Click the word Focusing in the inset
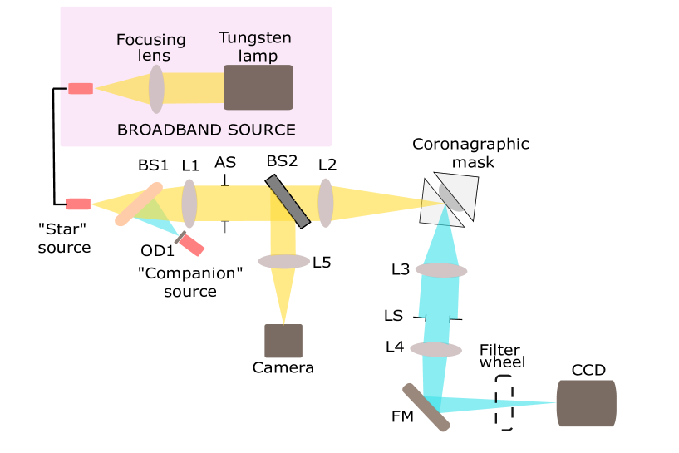150,40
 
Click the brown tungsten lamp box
258,87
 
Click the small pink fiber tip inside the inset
81,88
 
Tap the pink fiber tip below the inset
78,204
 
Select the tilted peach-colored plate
138,204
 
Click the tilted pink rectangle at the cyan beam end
191,244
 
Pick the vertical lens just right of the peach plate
189,203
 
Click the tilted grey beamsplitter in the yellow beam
288,201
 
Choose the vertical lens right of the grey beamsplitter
326,202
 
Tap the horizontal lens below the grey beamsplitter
283,261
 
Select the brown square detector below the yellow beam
283,341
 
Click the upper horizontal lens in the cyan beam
441,270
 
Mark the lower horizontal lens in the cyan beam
435,349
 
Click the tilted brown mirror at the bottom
426,407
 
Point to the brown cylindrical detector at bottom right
586,403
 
